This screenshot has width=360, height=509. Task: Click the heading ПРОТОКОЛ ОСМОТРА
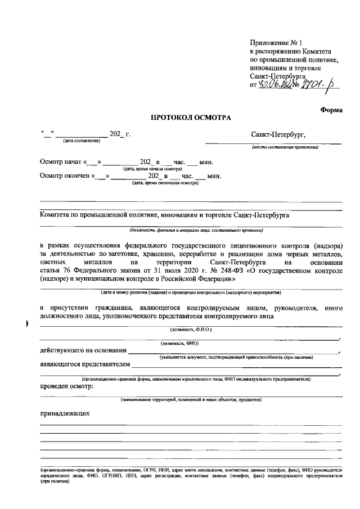coord(191,118)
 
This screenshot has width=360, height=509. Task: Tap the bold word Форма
coord(331,110)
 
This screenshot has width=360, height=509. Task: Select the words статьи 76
coord(55,271)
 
